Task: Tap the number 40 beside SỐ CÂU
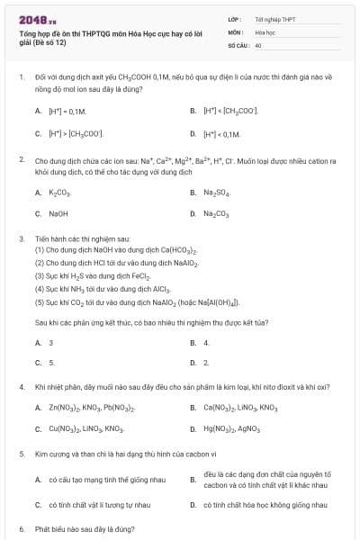[x=258, y=43]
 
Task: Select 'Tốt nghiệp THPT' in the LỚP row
[x=274, y=18]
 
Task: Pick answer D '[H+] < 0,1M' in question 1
[x=223, y=133]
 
